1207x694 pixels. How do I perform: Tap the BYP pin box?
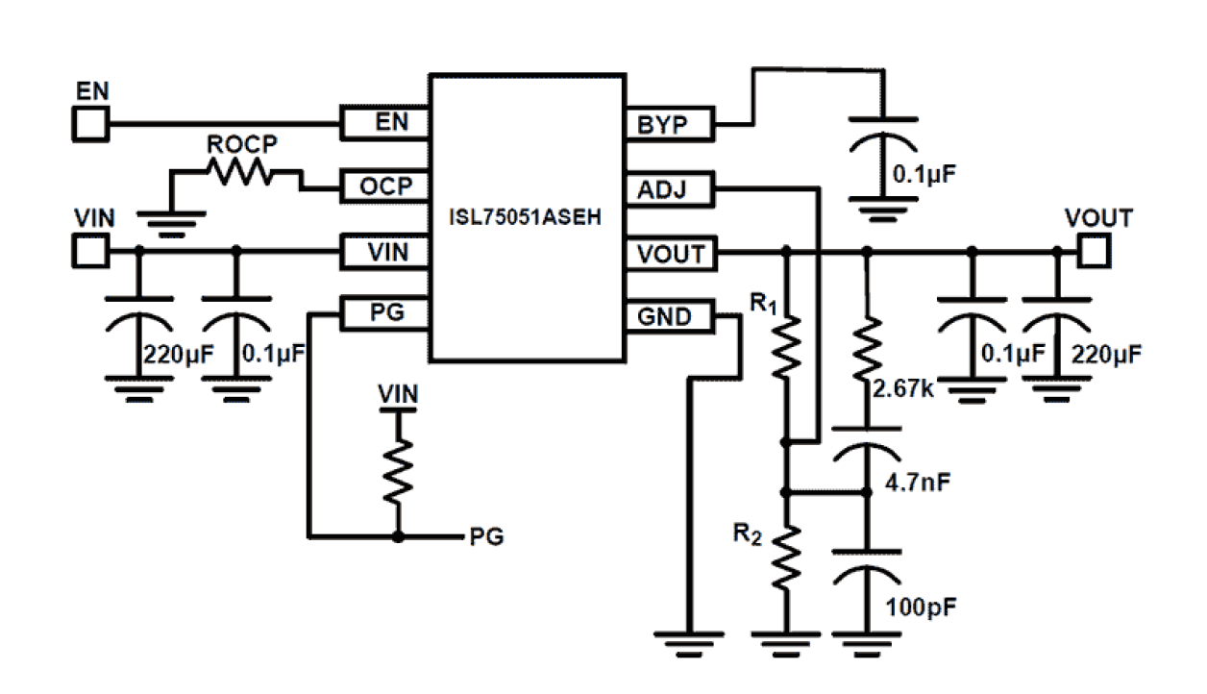pyautogui.click(x=670, y=124)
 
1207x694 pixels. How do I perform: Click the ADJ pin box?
pyautogui.click(x=670, y=189)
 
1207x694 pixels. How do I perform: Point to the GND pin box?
pyautogui.click(x=670, y=316)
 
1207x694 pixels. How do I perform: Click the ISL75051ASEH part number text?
pyautogui.click(x=526, y=217)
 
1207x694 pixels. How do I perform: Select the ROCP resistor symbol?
pyautogui.click(x=240, y=173)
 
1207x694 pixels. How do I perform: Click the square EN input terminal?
pyautogui.click(x=91, y=123)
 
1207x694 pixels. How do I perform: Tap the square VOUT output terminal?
pyautogui.click(x=1094, y=252)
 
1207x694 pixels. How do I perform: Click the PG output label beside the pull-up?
pyautogui.click(x=486, y=535)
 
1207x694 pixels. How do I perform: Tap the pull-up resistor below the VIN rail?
pyautogui.click(x=398, y=471)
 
